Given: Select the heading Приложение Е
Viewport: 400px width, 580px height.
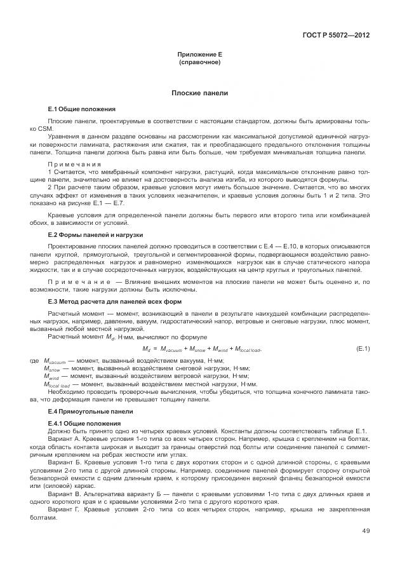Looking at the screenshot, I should pyautogui.click(x=199, y=55).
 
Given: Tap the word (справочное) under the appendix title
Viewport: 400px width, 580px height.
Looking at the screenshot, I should pyautogui.click(x=199, y=62).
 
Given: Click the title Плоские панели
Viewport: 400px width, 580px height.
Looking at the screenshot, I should pyautogui.click(x=199, y=93).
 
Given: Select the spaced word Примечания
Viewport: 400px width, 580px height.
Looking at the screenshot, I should pyautogui.click(x=74, y=164).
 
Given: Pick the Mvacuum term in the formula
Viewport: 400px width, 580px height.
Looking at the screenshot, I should pyautogui.click(x=170, y=350).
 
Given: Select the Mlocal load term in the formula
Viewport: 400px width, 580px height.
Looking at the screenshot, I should pyautogui.click(x=248, y=350).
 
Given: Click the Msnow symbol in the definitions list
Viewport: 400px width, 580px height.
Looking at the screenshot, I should pyautogui.click(x=51, y=368).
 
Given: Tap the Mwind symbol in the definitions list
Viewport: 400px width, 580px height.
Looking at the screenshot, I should pyautogui.click(x=51, y=377).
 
